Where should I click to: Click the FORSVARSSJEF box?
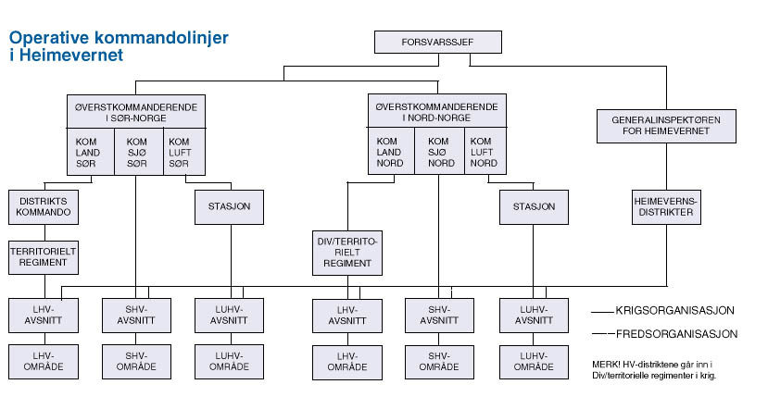[x=438, y=43]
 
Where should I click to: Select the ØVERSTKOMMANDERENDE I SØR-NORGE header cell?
[x=136, y=111]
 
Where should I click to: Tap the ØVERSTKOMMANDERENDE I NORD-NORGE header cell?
[x=437, y=111]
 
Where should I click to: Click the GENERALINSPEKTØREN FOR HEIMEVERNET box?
[x=666, y=126]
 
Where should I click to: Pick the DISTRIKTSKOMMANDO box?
[x=43, y=206]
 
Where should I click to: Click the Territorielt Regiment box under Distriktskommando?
[x=43, y=256]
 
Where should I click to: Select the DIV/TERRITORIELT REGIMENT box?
[x=346, y=252]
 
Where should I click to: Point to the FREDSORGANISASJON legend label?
[x=677, y=333]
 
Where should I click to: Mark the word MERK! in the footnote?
[x=604, y=365]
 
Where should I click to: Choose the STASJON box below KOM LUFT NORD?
[x=533, y=206]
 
